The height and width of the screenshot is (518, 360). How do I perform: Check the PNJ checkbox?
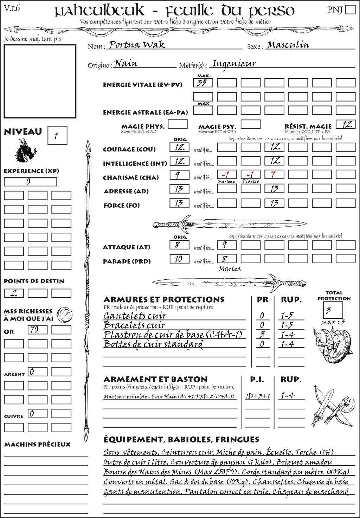click(350, 9)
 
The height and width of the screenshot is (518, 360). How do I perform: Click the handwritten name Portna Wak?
click(137, 45)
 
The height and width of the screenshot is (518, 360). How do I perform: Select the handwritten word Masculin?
click(288, 45)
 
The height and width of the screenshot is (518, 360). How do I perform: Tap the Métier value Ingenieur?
click(234, 64)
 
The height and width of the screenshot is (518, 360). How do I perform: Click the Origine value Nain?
click(126, 64)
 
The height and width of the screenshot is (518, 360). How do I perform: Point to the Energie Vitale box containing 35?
click(203, 83)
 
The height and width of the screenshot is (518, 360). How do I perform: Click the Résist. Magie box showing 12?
click(346, 124)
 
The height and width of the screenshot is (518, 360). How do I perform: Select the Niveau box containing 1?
click(57, 136)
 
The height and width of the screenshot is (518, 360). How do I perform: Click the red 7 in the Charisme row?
click(274, 175)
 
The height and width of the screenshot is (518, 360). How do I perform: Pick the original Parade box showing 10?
click(179, 259)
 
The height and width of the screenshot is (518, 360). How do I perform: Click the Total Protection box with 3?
click(333, 310)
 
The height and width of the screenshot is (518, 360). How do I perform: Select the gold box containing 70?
click(38, 330)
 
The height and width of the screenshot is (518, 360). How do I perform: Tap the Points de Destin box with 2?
click(14, 293)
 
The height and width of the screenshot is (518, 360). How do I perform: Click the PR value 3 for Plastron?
click(262, 334)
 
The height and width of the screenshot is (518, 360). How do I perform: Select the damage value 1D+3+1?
click(258, 396)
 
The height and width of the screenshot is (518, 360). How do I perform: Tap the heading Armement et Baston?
click(155, 379)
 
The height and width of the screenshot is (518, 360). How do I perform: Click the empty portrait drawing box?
click(40, 81)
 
